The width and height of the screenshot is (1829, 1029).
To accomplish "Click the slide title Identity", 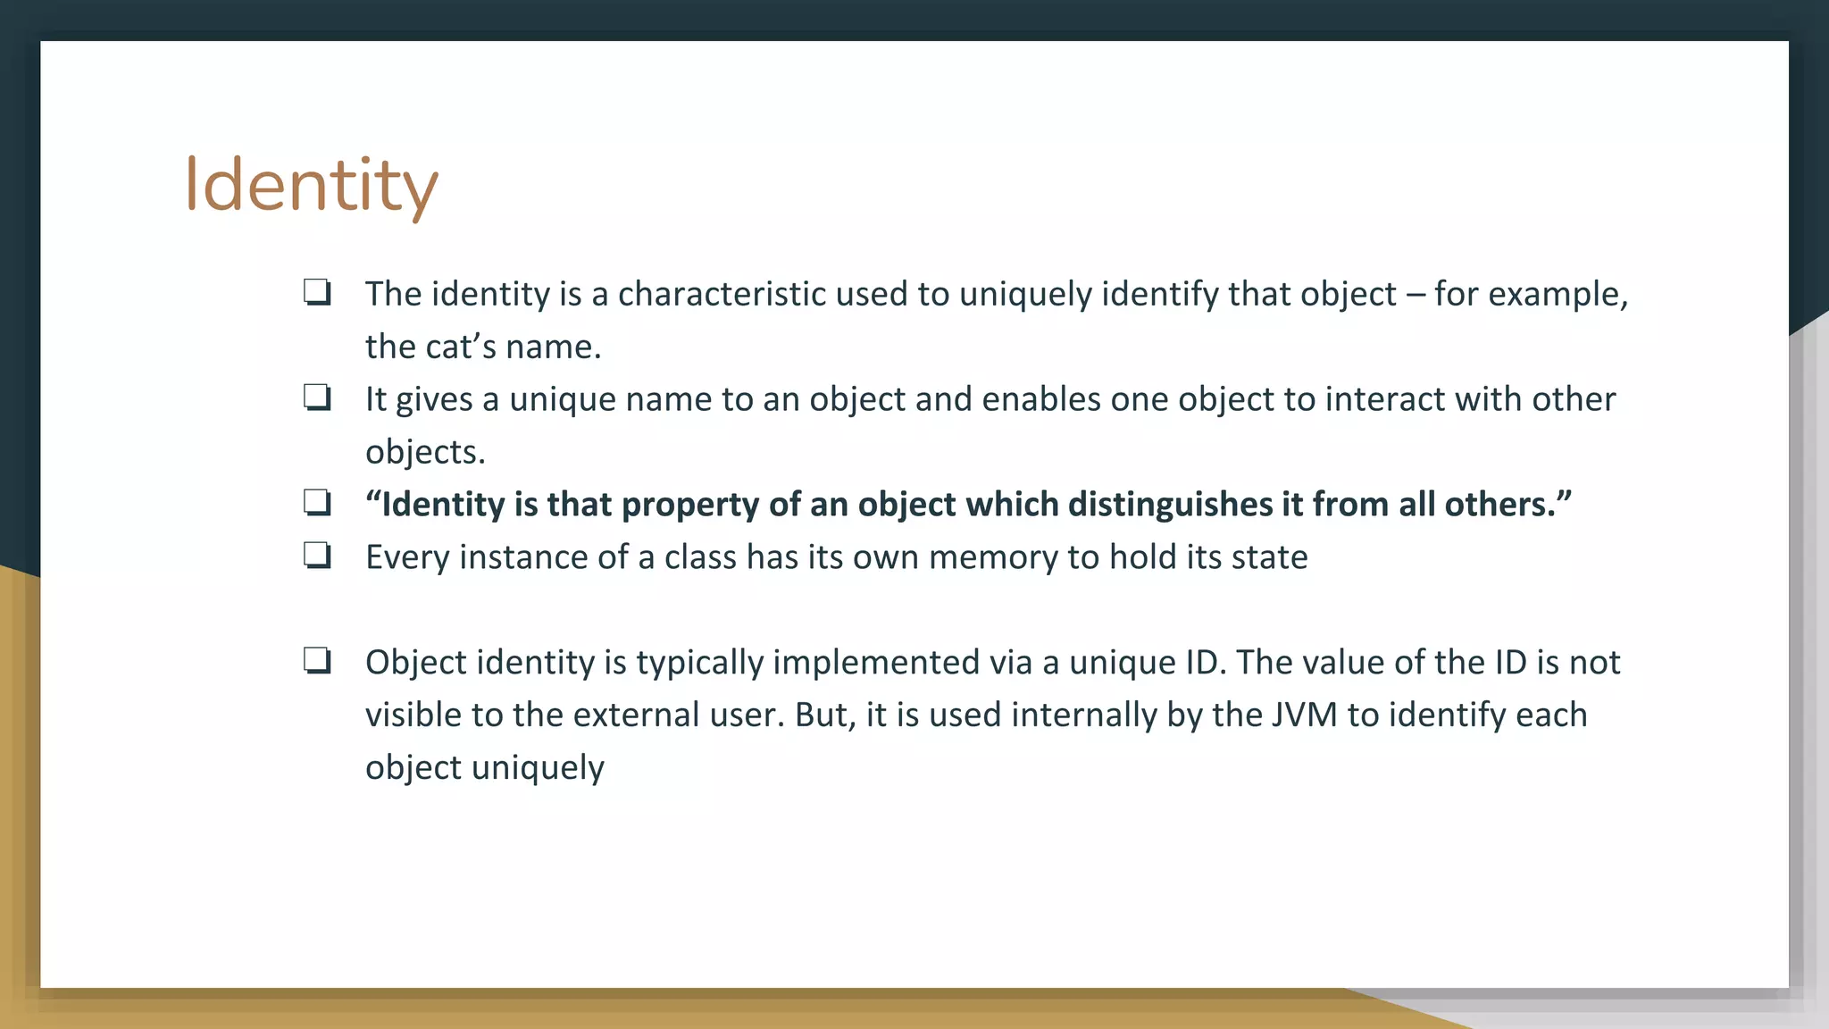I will pyautogui.click(x=311, y=185).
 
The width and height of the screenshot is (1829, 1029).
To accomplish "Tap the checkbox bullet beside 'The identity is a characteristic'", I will pyautogui.click(x=317, y=293).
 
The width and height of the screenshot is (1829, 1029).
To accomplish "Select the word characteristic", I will pyautogui.click(x=722, y=294).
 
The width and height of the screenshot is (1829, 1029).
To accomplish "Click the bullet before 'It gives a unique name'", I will pyautogui.click(x=317, y=398).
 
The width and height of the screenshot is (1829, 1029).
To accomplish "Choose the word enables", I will pyautogui.click(x=1041, y=399).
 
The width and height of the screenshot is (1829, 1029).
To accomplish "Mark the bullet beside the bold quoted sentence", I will pyautogui.click(x=317, y=504).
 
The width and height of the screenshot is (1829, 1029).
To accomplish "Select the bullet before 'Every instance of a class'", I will pyautogui.click(x=317, y=556).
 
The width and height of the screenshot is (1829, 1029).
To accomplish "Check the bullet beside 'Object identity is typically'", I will pyautogui.click(x=317, y=662).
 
